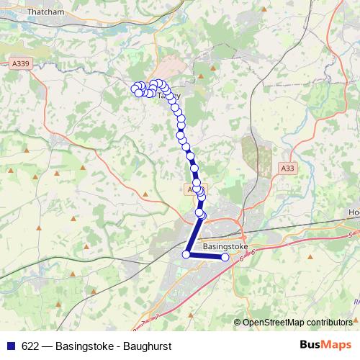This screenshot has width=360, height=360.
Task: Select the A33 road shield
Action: tap(287, 168)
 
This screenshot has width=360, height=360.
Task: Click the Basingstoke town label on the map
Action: tap(225, 246)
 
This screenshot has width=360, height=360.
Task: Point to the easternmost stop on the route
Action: tap(225, 257)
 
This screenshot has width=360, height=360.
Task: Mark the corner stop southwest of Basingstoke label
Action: tap(186, 253)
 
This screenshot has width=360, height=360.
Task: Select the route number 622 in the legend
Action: tap(30, 346)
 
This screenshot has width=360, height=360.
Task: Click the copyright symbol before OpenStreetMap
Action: tap(238, 323)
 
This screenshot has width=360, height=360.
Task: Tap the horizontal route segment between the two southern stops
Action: tap(206, 256)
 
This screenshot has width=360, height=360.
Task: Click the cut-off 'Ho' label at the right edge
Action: tap(354, 213)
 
